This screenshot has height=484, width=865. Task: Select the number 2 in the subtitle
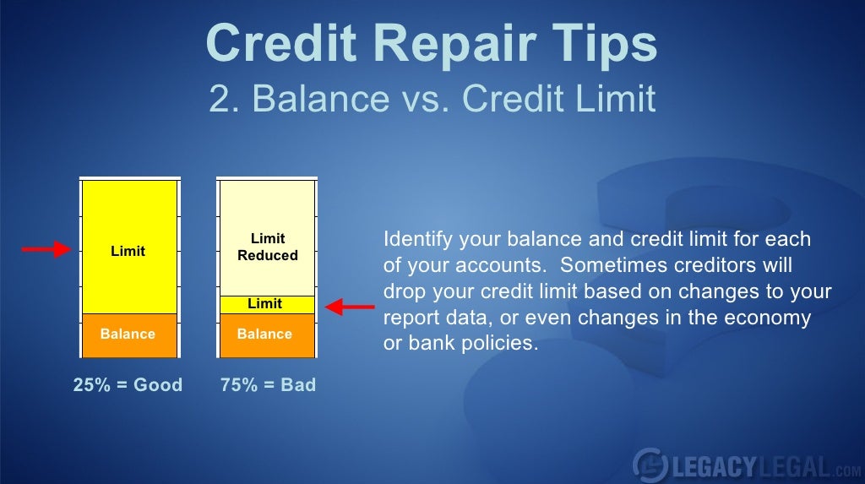(x=220, y=99)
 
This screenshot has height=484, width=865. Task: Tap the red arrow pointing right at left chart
(x=45, y=249)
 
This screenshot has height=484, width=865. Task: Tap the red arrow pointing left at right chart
(x=350, y=307)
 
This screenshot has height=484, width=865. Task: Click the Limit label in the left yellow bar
(x=128, y=251)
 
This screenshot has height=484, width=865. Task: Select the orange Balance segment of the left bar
(x=128, y=334)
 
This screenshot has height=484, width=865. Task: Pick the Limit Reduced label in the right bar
(x=267, y=247)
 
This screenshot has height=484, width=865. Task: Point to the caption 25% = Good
(x=128, y=385)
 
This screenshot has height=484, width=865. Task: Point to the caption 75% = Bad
(x=268, y=385)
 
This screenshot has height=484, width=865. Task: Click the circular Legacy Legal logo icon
(x=649, y=464)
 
